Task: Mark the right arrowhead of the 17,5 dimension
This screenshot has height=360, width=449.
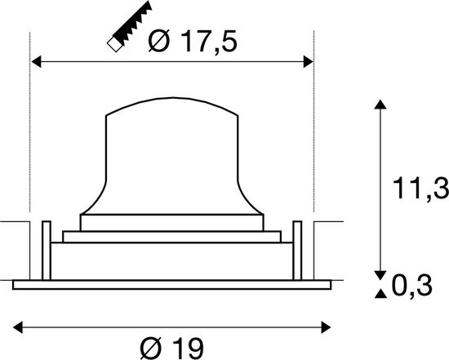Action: pos(308,60)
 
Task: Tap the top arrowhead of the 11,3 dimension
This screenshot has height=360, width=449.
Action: pos(379,104)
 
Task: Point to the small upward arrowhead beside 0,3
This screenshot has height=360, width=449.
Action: pos(379,294)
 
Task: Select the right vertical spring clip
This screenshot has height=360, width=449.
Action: pos(298,250)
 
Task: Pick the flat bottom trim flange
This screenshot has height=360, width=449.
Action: pos(172,284)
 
